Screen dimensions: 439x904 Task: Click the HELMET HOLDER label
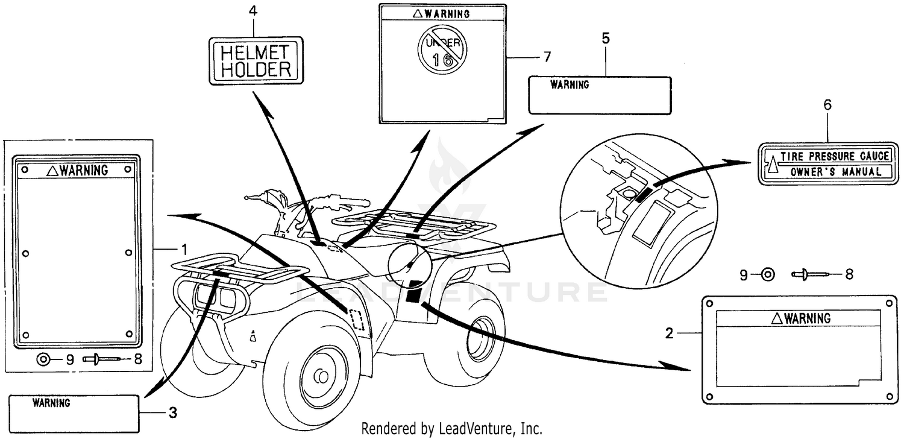pos(256,60)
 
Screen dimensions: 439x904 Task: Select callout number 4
pos(254,11)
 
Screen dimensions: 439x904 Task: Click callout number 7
pos(547,57)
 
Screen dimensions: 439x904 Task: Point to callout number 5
pos(606,38)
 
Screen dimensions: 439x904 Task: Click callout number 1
pos(185,248)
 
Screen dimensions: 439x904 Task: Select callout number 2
pos(668,332)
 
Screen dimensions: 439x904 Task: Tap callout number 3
pos(172,413)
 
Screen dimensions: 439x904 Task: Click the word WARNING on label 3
pos(51,402)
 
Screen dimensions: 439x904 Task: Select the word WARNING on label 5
pos(570,85)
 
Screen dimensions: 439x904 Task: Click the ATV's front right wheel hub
pos(321,376)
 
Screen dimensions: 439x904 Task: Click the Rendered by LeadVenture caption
pos(451,429)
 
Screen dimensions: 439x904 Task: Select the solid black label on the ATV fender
pos(413,294)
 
